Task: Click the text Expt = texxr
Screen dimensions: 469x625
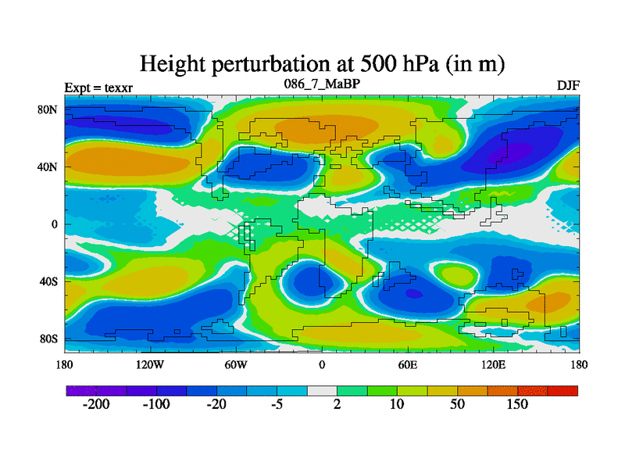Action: click(98, 88)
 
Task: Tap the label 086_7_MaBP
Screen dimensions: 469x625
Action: click(321, 83)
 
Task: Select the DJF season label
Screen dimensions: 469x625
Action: click(568, 84)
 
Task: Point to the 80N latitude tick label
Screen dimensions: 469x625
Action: click(49, 109)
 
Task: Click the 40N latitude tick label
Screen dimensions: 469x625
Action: click(49, 166)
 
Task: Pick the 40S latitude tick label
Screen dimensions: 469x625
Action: click(49, 281)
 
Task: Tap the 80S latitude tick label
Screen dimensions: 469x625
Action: click(49, 338)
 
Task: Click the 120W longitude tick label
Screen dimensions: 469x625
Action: click(149, 364)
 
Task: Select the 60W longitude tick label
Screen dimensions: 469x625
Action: click(235, 364)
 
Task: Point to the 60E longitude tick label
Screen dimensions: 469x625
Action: click(407, 364)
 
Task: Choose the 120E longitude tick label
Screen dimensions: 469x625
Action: click(493, 364)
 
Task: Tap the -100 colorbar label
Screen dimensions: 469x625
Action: click(155, 405)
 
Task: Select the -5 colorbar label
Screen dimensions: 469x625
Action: click(276, 405)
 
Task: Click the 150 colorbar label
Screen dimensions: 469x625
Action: click(516, 405)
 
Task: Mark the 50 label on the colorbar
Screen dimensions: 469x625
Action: click(457, 405)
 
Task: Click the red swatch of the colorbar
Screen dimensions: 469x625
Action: click(562, 390)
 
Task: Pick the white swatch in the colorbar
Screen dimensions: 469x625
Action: click(321, 390)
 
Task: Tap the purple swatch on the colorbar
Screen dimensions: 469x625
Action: click(80, 390)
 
